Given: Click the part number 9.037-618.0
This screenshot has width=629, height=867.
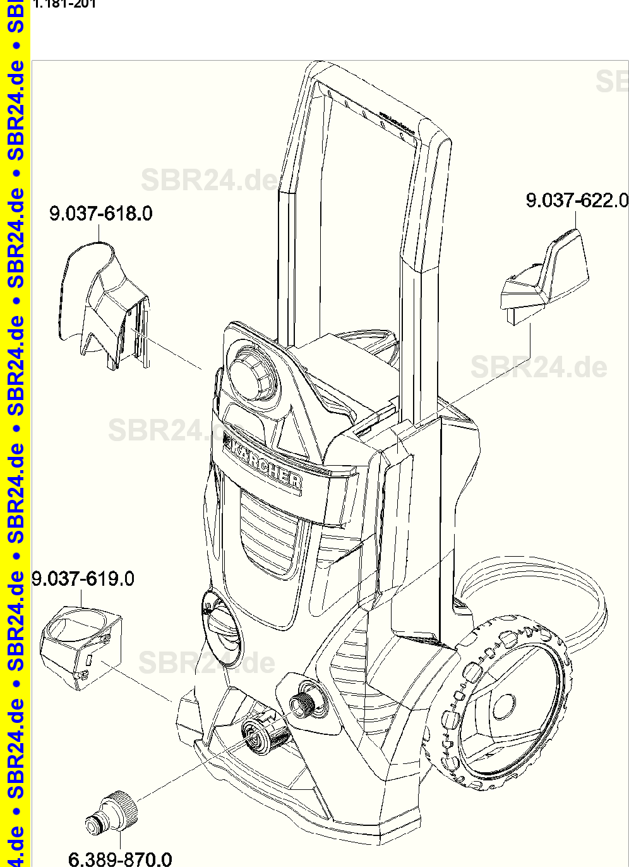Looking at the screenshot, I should (x=101, y=214).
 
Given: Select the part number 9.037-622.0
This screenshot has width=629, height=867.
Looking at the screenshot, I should (x=577, y=201).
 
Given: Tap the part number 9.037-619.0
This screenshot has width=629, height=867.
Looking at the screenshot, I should (x=83, y=578).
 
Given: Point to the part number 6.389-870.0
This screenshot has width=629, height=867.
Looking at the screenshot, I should (x=120, y=858).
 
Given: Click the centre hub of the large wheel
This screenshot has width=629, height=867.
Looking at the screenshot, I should (x=503, y=706).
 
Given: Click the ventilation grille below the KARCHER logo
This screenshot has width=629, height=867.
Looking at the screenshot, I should (x=268, y=531).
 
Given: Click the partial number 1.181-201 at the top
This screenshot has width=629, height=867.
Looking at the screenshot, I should (x=64, y=4).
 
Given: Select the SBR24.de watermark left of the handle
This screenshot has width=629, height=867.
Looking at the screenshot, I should (x=208, y=180).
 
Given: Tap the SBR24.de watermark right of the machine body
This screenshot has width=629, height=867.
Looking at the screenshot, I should (x=539, y=367).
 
